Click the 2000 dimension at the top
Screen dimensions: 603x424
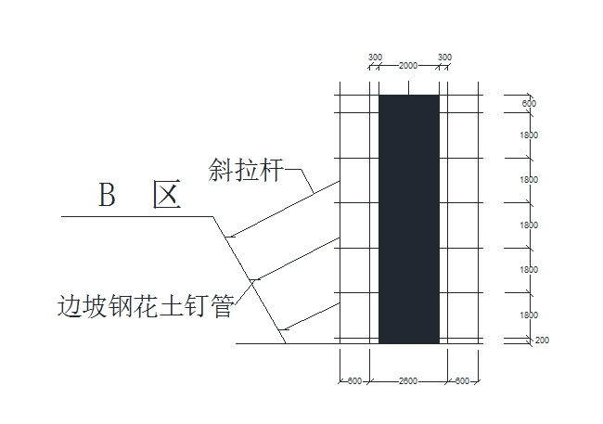click(408, 66)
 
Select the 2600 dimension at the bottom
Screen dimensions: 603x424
click(408, 380)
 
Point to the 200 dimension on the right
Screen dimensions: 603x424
click(542, 340)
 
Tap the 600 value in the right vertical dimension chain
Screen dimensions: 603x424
click(529, 104)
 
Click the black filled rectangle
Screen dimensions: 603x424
click(408, 218)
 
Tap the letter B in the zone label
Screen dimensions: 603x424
click(109, 196)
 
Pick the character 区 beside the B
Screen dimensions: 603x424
click(168, 196)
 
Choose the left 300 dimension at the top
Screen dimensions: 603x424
click(375, 58)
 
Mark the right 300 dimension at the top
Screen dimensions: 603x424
click(444, 58)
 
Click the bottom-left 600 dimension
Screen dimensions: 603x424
click(354, 380)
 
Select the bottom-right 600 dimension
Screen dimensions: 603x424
click(461, 380)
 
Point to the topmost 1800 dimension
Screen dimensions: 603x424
click(529, 136)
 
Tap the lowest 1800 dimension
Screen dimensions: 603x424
click(529, 315)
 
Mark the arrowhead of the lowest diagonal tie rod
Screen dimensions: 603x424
click(283, 327)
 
